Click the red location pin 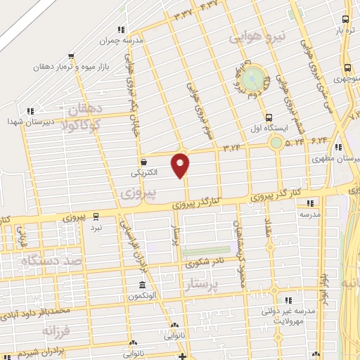coord(181,166)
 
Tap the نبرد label coord(96,227)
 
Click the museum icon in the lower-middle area coord(143,285)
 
